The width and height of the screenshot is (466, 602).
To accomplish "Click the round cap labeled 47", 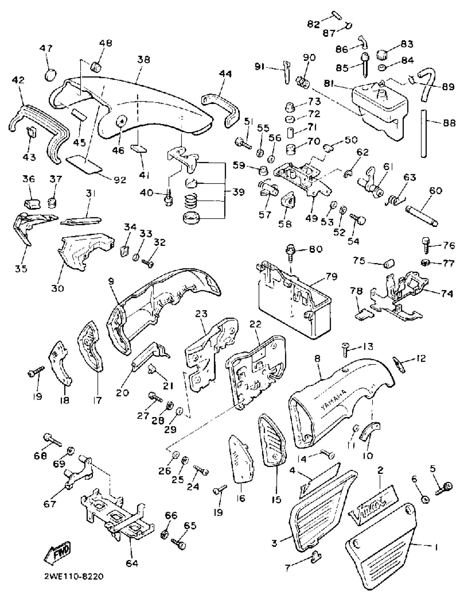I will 50,74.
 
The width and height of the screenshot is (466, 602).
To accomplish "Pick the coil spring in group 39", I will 191,200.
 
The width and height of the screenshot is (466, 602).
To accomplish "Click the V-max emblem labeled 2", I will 373,505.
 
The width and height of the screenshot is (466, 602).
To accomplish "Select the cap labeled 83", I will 382,55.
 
